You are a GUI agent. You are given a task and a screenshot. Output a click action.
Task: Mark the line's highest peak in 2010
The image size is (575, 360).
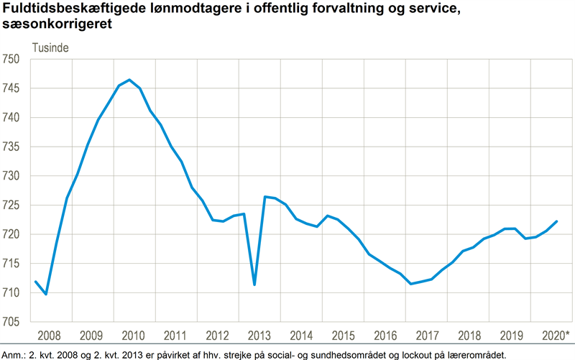tap(129, 80)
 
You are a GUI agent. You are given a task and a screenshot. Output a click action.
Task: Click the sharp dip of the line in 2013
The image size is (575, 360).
tap(254, 285)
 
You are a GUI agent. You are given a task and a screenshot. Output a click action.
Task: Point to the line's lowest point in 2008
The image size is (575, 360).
tap(46, 294)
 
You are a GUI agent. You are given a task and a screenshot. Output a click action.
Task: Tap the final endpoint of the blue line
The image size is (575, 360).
tap(557, 221)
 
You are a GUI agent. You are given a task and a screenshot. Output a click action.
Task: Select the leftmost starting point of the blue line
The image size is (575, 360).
tap(36, 282)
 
